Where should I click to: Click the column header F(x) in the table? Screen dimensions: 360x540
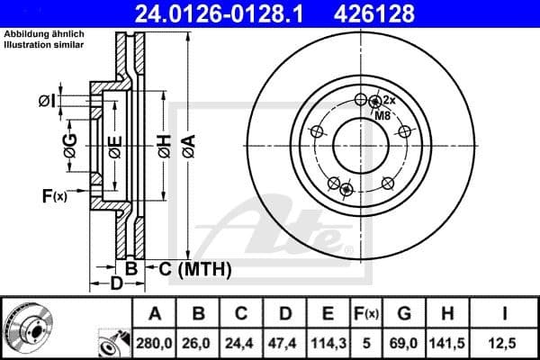point(365,314)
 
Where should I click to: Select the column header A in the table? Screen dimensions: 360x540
point(154,314)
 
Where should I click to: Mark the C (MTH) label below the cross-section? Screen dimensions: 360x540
point(195,269)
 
